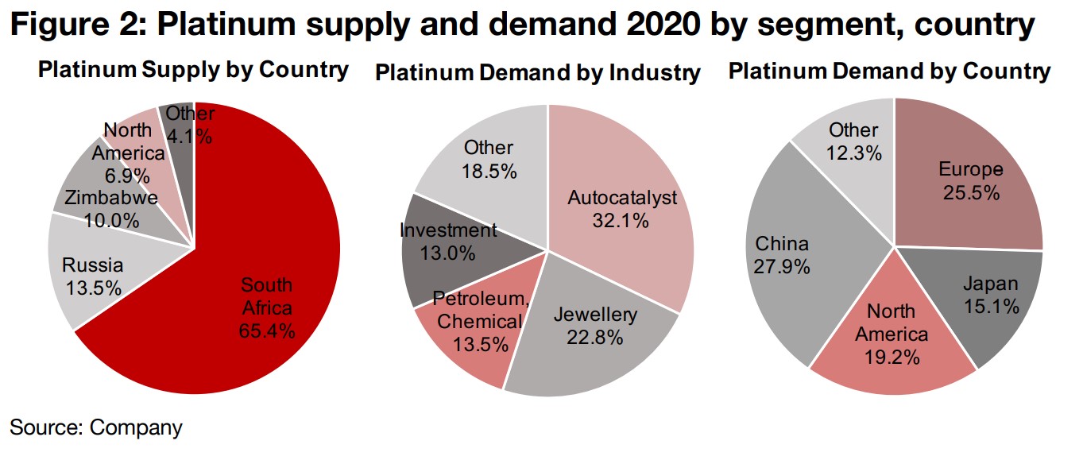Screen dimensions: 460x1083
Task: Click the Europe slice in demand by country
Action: pyautogui.click(x=969, y=179)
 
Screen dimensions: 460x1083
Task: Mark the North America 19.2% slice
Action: pyautogui.click(x=890, y=334)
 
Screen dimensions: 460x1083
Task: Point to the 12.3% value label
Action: pyautogui.click(x=854, y=153)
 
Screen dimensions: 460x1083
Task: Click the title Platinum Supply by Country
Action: pyautogui.click(x=193, y=70)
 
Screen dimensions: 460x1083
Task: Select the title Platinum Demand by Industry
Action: pyautogui.click(x=538, y=73)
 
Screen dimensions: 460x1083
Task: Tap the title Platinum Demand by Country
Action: pyautogui.click(x=890, y=72)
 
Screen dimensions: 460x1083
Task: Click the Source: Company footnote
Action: pyautogui.click(x=96, y=427)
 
